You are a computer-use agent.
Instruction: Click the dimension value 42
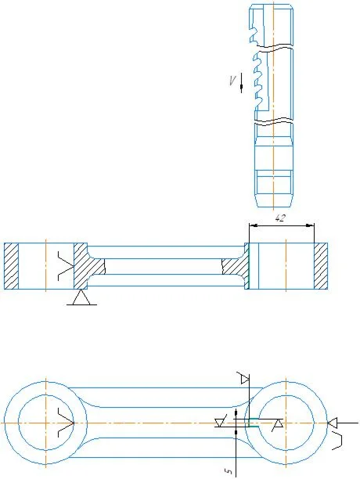point(280,218)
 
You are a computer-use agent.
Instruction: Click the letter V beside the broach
point(232,81)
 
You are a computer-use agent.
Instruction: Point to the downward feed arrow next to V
point(241,83)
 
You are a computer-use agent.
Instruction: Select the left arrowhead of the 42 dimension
point(253,225)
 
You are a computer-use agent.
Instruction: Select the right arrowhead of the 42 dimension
point(310,225)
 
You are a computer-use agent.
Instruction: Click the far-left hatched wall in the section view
point(11,266)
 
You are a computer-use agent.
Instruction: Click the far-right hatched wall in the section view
point(321,266)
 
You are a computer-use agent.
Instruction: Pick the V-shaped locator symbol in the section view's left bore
point(66,266)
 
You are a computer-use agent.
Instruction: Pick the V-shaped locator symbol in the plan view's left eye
point(66,423)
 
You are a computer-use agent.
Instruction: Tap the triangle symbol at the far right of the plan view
point(332,423)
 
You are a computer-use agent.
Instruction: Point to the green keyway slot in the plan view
point(254,422)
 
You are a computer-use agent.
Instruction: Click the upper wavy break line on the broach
point(275,46)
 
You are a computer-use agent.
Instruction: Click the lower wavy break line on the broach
point(275,121)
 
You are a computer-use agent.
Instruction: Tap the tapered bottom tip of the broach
point(274,201)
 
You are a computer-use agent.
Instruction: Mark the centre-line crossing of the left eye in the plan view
point(46,423)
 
